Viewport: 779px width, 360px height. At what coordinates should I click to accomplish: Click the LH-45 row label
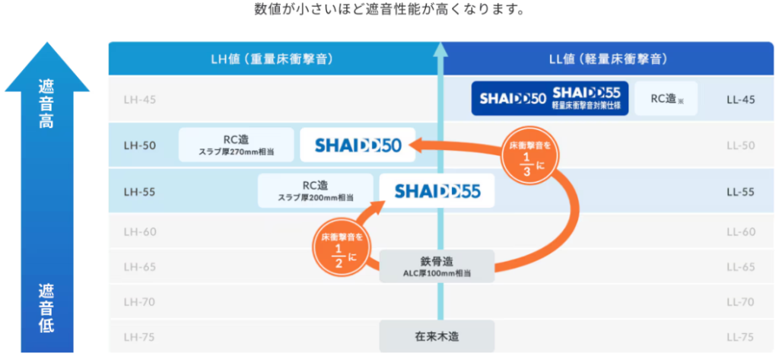click(x=139, y=98)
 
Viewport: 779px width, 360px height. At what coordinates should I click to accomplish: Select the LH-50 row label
click(x=139, y=145)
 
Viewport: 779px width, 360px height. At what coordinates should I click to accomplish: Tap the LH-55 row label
click(x=139, y=191)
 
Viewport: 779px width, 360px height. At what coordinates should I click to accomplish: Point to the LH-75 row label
click(x=139, y=336)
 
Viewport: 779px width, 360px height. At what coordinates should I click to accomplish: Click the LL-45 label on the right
click(x=739, y=98)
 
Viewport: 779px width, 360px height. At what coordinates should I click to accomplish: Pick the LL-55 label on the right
click(x=739, y=191)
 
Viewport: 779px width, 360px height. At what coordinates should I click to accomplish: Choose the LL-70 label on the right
click(x=739, y=301)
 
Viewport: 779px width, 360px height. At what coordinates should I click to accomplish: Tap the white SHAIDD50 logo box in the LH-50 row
click(x=356, y=145)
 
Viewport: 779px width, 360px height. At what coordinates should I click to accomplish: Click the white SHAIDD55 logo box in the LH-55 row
click(x=437, y=191)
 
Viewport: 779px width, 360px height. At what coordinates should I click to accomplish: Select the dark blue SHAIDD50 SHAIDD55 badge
click(x=550, y=98)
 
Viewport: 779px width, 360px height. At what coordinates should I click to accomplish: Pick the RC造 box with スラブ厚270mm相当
click(x=237, y=145)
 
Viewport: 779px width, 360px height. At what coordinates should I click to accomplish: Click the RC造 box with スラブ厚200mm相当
click(x=315, y=191)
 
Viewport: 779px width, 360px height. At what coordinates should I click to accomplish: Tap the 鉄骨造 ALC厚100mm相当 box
click(x=437, y=266)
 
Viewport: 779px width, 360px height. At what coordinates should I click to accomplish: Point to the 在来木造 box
click(x=437, y=336)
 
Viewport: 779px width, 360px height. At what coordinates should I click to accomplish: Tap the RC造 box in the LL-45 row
click(x=666, y=98)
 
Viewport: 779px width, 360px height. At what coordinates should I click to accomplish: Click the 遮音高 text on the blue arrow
click(x=46, y=104)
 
